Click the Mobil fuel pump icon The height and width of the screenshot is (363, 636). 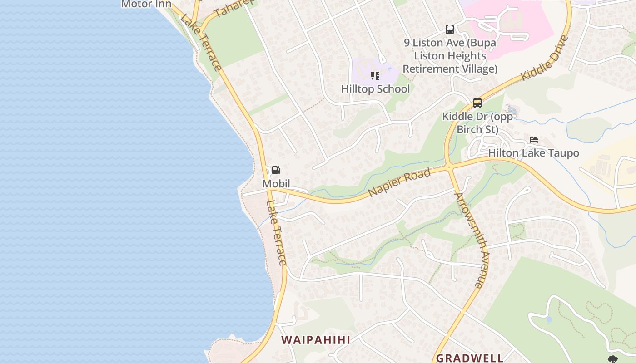[x=276, y=170]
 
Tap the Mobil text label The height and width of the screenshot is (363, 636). [x=276, y=184]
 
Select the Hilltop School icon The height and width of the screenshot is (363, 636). [x=375, y=75]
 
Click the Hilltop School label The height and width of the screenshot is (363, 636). [x=376, y=89]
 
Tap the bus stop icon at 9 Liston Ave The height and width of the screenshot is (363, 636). [x=450, y=29]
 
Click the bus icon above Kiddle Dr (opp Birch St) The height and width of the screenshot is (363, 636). [x=477, y=103]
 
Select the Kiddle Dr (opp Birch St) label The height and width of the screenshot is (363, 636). [x=477, y=123]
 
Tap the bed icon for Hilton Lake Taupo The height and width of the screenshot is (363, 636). [x=534, y=140]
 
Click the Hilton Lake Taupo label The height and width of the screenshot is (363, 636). [x=534, y=153]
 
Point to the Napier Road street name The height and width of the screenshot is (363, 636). [x=399, y=182]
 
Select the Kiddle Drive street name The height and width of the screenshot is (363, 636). [x=545, y=58]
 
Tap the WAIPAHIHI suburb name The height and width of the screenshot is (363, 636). [x=316, y=340]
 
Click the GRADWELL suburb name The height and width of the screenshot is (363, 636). [x=470, y=358]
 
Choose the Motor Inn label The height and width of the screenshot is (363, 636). [x=146, y=4]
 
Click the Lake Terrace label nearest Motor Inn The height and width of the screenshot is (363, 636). [x=201, y=43]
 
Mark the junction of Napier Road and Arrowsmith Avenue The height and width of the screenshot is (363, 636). [x=449, y=167]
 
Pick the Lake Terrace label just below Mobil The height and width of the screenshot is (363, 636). [x=277, y=233]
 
